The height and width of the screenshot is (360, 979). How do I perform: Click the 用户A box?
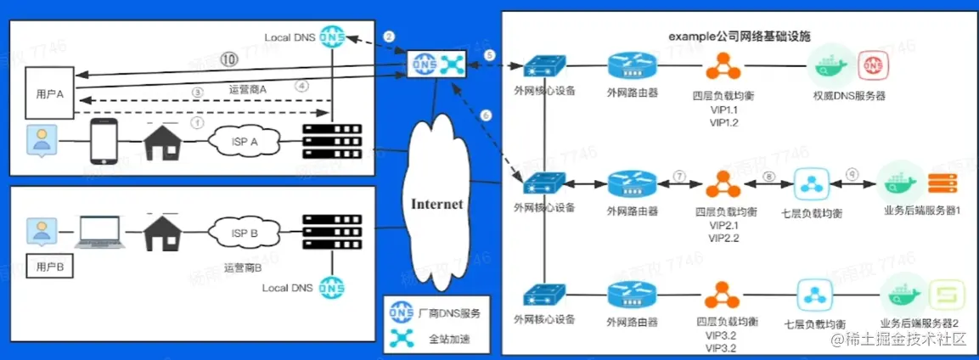pos(49,94)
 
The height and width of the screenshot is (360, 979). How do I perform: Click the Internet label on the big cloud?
pos(437,204)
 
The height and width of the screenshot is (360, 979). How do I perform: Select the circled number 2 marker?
pos(389,37)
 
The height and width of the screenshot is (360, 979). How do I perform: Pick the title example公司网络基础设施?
pos(740,37)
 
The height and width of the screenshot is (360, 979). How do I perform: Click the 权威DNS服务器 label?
pos(849,96)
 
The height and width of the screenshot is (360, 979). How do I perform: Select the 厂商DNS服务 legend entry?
pos(449,313)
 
